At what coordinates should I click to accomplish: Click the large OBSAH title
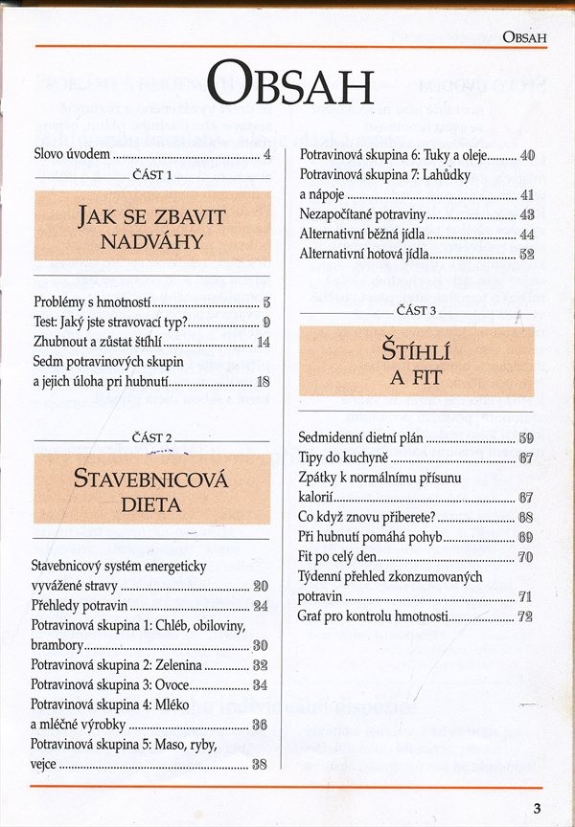pyautogui.click(x=288, y=83)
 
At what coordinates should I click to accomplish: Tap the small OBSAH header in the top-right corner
pyautogui.click(x=524, y=37)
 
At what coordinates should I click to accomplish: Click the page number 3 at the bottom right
pyautogui.click(x=538, y=807)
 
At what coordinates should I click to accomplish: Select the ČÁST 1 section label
pyautogui.click(x=152, y=176)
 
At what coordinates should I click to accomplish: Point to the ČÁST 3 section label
pyautogui.click(x=416, y=311)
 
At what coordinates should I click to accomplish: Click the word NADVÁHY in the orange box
pyautogui.click(x=152, y=241)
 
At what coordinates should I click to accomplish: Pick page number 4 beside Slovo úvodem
pyautogui.click(x=267, y=153)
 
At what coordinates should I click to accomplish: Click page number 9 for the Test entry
pyautogui.click(x=266, y=322)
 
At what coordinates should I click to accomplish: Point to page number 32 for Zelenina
pyautogui.click(x=260, y=664)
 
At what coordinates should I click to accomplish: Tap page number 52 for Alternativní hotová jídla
pyautogui.click(x=526, y=255)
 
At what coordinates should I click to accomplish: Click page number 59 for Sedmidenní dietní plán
pyautogui.click(x=526, y=438)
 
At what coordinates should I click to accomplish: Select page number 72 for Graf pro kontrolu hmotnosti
pyautogui.click(x=525, y=616)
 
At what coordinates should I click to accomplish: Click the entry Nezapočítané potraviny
pyautogui.click(x=363, y=214)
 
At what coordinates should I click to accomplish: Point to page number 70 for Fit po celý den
pyautogui.click(x=525, y=557)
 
